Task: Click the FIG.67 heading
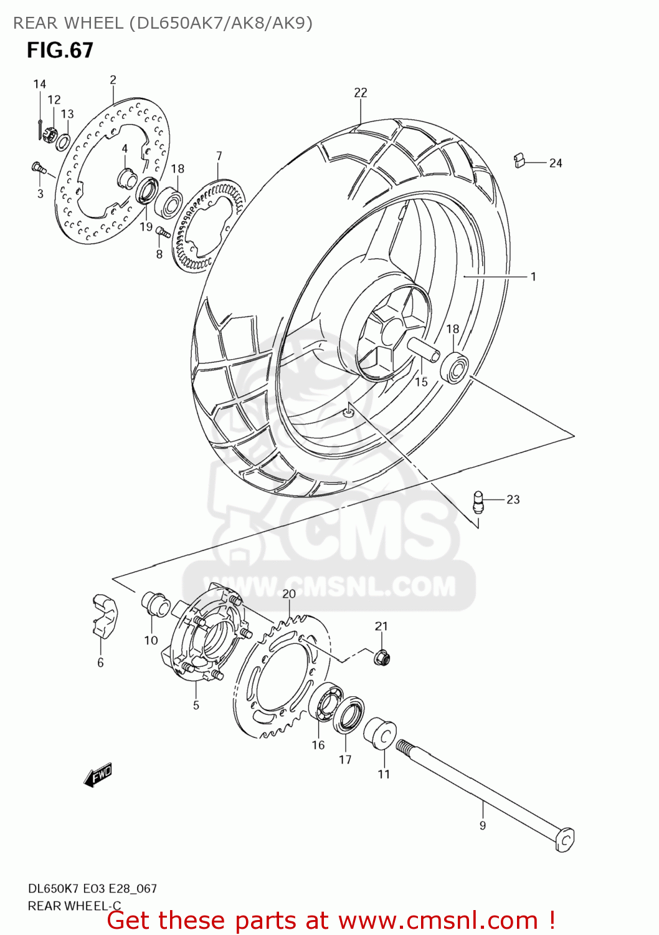point(60,50)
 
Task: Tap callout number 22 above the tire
point(361,92)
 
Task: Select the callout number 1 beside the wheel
point(533,276)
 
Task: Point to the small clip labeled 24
point(519,161)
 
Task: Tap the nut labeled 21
point(382,656)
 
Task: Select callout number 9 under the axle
point(483,825)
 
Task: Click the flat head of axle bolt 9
point(565,839)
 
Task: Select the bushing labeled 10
point(156,603)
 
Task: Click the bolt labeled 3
point(39,167)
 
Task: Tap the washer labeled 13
point(63,141)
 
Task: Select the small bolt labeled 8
point(163,232)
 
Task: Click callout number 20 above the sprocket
point(289,593)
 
